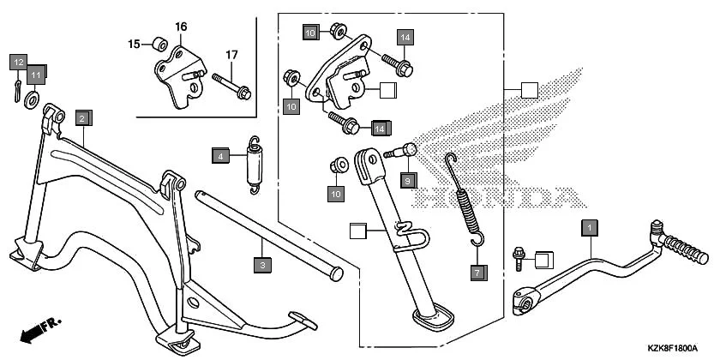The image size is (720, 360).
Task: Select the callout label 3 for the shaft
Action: [264, 265]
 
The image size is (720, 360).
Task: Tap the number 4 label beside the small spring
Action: [220, 156]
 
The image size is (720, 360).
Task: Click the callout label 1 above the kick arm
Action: [589, 227]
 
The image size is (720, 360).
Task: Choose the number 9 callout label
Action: [408, 180]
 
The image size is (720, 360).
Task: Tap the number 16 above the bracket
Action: [181, 27]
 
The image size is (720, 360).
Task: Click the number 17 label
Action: [231, 56]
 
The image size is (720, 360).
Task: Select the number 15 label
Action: [135, 44]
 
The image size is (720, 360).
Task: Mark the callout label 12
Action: [18, 61]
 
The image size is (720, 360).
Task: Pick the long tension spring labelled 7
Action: [466, 197]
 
